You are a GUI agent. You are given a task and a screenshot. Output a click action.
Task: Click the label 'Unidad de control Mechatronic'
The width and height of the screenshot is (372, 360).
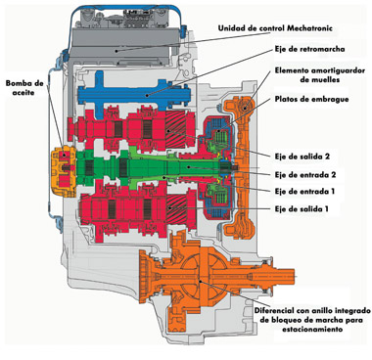[x=275, y=28]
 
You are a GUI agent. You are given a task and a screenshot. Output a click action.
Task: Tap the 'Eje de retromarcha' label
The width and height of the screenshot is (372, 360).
[x=308, y=49]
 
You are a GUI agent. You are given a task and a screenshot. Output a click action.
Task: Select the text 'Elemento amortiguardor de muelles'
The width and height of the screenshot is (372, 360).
[x=320, y=74]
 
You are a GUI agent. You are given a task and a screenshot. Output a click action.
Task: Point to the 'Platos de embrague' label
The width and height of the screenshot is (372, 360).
[x=311, y=99]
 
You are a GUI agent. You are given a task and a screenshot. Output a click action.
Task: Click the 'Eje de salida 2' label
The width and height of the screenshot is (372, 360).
[x=302, y=157]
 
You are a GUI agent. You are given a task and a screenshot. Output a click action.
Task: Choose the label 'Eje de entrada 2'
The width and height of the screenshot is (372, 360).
[x=305, y=174]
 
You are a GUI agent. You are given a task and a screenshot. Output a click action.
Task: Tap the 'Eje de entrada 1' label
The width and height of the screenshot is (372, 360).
[x=304, y=191]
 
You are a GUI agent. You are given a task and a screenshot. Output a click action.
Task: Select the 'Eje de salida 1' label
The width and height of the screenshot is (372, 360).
[x=302, y=208]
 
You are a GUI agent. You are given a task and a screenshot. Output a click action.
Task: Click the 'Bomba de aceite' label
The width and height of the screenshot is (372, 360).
[x=24, y=88]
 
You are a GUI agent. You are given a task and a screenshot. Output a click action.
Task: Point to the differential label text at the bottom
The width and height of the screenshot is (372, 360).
[x=312, y=319]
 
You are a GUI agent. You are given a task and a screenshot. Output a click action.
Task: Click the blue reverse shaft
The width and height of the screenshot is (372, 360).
[x=134, y=95]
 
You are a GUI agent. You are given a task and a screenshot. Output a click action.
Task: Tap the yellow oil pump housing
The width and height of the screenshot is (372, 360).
[x=64, y=172]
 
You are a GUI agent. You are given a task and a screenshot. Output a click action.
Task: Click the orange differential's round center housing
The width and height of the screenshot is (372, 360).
[x=200, y=278]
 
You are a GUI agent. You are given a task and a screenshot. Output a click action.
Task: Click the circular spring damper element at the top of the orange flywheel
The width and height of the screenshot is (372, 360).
[x=245, y=107]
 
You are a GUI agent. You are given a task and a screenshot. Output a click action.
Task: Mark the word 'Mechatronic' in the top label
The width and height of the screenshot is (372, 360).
[x=309, y=28]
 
